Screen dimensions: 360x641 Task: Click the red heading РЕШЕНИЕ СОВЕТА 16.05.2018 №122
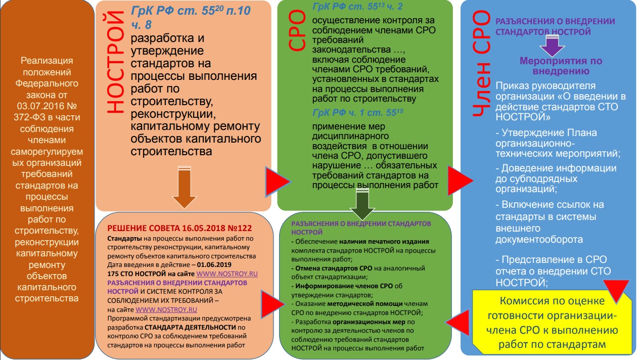(178, 228)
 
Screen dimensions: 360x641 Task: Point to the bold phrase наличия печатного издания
(384, 241)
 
